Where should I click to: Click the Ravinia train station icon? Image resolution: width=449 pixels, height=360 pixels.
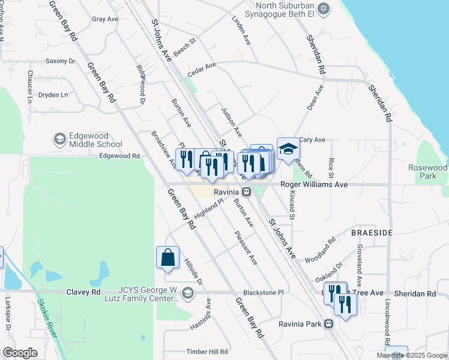point(247,192)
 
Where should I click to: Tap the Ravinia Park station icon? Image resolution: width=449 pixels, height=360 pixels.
point(328,324)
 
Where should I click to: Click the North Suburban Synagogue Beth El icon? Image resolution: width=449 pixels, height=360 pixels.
point(324,8)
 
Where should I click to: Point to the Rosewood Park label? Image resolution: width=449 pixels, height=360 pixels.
point(427,172)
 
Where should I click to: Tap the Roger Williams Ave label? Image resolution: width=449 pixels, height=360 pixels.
point(315,185)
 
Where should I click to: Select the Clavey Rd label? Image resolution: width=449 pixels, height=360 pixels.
point(88,292)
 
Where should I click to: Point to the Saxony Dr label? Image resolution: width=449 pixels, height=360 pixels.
point(60,61)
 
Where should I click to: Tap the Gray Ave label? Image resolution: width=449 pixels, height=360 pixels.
point(105,19)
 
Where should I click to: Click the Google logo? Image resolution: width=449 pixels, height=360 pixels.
point(20,353)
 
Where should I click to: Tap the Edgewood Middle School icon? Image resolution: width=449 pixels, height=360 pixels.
point(59,139)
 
